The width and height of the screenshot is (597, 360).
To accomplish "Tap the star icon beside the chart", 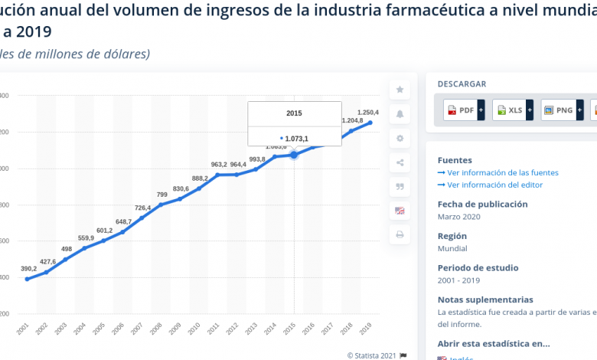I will pyautogui.click(x=400, y=90).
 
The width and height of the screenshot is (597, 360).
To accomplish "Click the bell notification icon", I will pyautogui.click(x=400, y=115).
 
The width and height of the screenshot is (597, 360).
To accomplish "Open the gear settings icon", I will pyautogui.click(x=400, y=139).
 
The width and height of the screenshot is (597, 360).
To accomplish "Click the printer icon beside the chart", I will pyautogui.click(x=400, y=234).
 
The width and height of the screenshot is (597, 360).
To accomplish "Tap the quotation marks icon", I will pyautogui.click(x=400, y=186).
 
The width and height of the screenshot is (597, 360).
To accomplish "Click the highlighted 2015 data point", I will pyautogui.click(x=294, y=155).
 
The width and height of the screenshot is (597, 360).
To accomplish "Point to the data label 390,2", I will pyautogui.click(x=28, y=269).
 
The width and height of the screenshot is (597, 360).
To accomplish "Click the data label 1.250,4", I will pyautogui.click(x=368, y=113).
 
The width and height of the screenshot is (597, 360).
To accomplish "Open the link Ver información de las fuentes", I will pyautogui.click(x=502, y=173).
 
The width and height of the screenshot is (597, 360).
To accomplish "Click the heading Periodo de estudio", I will pyautogui.click(x=478, y=268).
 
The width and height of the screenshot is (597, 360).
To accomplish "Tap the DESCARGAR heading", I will pyautogui.click(x=462, y=84).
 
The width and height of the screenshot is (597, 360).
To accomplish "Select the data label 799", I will pyautogui.click(x=162, y=195).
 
